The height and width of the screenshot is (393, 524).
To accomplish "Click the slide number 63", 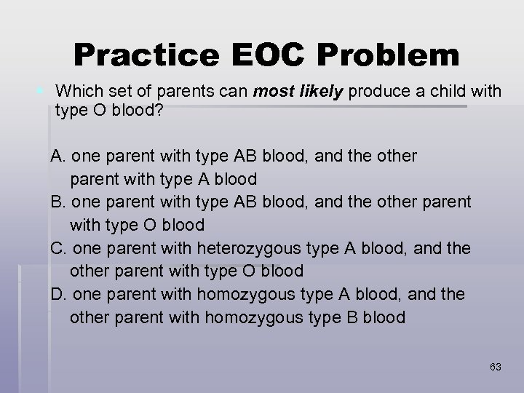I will [495, 367].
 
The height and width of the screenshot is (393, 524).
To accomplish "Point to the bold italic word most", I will [270, 92].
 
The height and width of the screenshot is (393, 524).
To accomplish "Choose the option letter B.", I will [57, 201].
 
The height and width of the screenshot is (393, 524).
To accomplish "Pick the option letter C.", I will [57, 248].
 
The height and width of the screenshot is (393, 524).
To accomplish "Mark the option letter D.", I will [57, 295].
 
